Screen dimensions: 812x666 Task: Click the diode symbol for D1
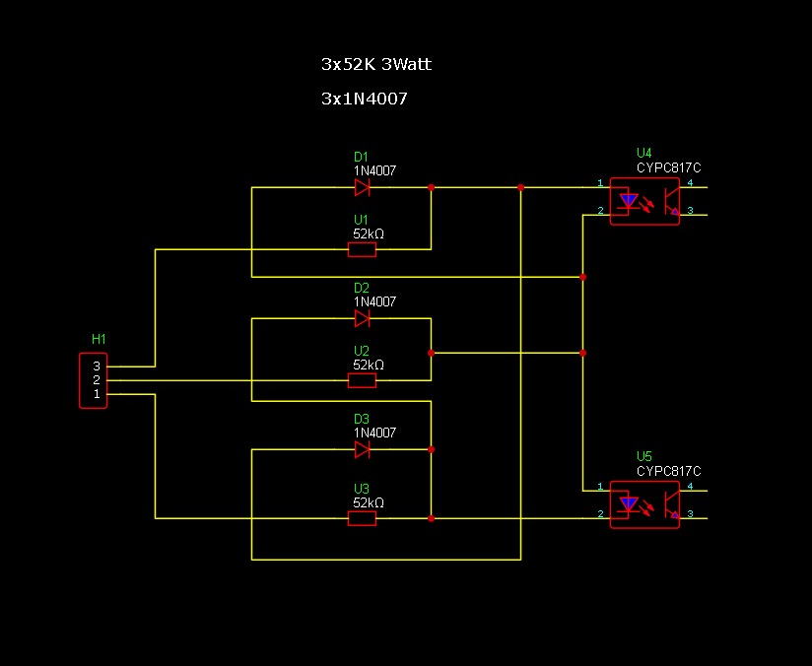[362, 187]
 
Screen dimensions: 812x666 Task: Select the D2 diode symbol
[362, 318]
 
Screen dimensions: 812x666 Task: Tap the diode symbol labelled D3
[362, 449]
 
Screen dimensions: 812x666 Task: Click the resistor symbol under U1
[362, 249]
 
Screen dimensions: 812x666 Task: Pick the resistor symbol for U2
[362, 380]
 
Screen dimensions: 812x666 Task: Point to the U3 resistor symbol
[362, 518]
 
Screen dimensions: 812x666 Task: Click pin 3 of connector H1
[97, 366]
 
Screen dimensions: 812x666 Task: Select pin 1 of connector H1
[97, 394]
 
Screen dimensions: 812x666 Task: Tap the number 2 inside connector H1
[97, 380]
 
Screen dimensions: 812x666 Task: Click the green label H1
[99, 339]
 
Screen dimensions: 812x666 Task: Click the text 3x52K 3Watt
[376, 64]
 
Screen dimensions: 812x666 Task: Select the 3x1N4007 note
[365, 99]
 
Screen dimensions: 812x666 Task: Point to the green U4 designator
[644, 154]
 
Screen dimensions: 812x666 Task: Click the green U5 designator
[644, 457]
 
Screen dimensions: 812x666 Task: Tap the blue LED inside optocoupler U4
[629, 201]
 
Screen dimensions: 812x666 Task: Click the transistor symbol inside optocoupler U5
[672, 505]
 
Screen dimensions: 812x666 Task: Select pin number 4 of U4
[690, 183]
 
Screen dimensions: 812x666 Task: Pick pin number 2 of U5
[600, 513]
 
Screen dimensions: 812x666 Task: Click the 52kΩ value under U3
[369, 502]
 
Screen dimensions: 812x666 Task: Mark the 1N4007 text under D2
[374, 301]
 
